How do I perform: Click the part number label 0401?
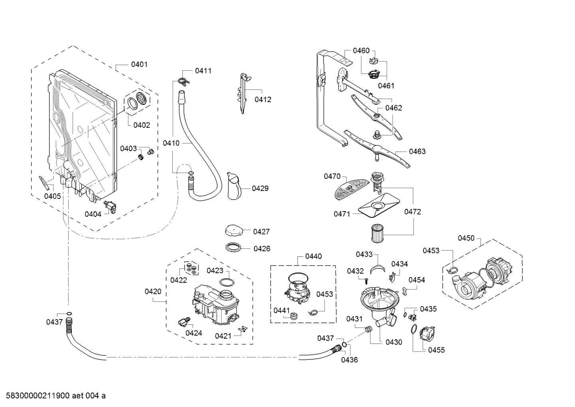click(x=139, y=64)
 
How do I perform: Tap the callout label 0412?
click(x=263, y=99)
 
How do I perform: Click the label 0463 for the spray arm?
click(x=417, y=151)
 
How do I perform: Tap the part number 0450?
click(x=466, y=238)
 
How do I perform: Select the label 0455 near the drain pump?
click(x=436, y=350)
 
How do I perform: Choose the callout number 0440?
click(x=313, y=256)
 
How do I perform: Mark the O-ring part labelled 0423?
click(x=226, y=283)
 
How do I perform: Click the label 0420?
click(x=153, y=292)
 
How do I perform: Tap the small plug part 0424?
click(x=185, y=321)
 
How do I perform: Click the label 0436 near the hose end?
click(x=349, y=359)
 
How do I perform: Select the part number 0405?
click(x=52, y=196)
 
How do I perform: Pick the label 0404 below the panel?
click(x=93, y=214)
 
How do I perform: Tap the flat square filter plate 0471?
click(x=376, y=207)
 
